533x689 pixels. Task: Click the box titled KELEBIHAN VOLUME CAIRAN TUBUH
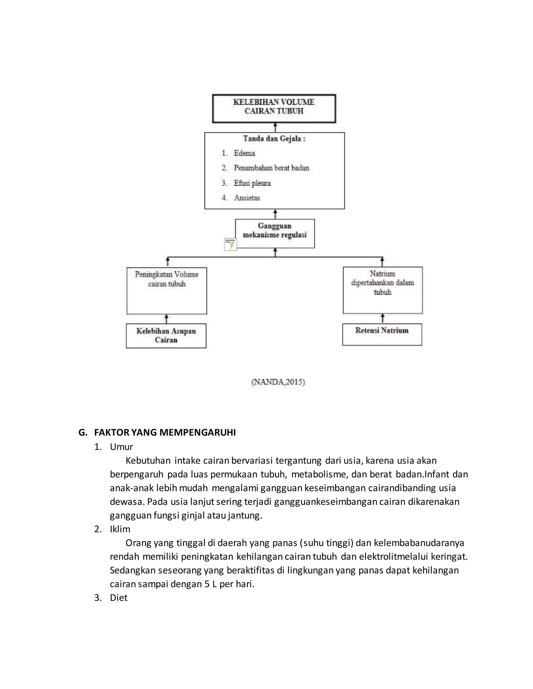click(x=274, y=108)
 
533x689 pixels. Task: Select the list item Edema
click(x=244, y=153)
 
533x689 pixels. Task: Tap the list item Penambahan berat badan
click(x=271, y=168)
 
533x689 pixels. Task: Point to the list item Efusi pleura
click(x=252, y=183)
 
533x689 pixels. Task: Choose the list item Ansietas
click(x=247, y=198)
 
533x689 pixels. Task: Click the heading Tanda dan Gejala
click(x=274, y=139)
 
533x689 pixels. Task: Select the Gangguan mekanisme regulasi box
click(x=275, y=233)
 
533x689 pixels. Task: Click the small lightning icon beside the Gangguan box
click(x=230, y=244)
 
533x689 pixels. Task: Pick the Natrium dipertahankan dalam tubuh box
click(x=382, y=290)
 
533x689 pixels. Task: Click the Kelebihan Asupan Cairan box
click(x=166, y=336)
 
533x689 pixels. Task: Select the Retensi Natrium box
click(x=382, y=334)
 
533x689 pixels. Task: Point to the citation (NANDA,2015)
click(x=278, y=382)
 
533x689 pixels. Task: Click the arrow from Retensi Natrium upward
click(x=382, y=318)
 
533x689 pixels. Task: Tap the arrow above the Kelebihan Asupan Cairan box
click(x=166, y=319)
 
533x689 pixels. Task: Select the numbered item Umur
click(x=121, y=447)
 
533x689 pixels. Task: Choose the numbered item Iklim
click(x=120, y=529)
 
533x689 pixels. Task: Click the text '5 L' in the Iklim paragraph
click(x=211, y=584)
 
